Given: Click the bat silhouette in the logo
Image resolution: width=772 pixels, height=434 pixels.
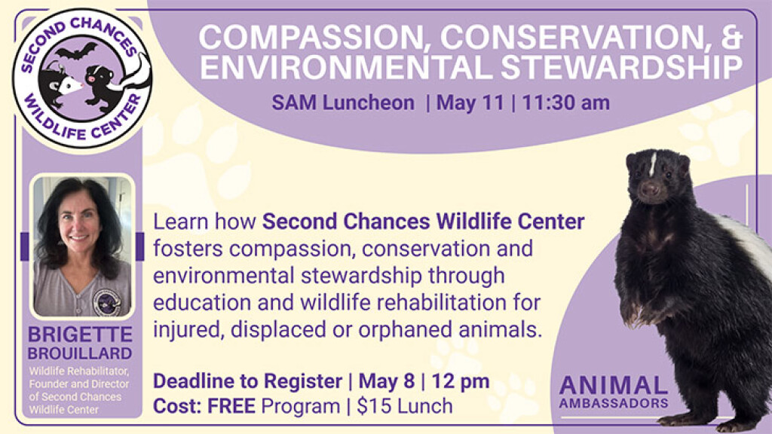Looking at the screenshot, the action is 76,51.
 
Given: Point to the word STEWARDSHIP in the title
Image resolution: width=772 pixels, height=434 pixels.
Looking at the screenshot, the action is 622,67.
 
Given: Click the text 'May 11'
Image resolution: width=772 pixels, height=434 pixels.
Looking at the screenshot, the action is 470,102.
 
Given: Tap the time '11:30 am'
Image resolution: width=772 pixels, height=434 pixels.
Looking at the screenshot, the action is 565,102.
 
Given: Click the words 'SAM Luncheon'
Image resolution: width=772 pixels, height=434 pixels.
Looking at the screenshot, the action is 343,102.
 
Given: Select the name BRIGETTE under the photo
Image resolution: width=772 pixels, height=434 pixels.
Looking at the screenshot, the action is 80,335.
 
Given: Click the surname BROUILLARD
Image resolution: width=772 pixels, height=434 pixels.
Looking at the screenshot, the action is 80,353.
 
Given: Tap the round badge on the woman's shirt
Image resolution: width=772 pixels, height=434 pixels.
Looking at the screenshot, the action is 107,302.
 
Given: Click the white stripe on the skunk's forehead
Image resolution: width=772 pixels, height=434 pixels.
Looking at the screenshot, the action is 653,164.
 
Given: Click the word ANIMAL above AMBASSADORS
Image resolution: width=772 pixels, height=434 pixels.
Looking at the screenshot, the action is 614,386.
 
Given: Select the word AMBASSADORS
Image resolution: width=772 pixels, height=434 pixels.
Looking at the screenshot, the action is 614,403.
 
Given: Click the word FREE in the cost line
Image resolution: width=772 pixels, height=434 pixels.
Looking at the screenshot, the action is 231,406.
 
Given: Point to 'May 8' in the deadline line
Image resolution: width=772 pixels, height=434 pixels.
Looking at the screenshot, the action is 387,381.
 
